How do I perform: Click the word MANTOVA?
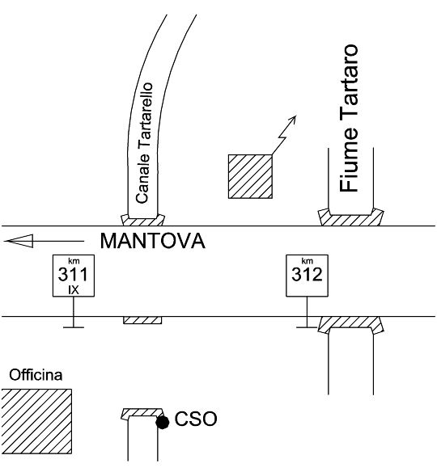[x=152, y=241]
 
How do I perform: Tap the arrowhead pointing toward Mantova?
[x=19, y=241]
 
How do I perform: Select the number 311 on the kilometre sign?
[x=73, y=274]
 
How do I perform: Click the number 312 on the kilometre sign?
[x=307, y=274]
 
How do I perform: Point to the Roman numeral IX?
[x=74, y=290]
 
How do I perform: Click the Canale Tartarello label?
[x=144, y=143]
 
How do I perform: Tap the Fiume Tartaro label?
[x=349, y=118]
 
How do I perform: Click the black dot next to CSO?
[x=163, y=423]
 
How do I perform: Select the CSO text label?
[x=196, y=419]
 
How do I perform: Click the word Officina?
[x=36, y=375]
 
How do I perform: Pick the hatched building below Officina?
[x=36, y=421]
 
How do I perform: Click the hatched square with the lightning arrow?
[x=250, y=176]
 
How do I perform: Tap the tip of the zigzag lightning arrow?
[x=296, y=116]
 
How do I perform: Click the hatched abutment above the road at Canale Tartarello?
[x=143, y=221]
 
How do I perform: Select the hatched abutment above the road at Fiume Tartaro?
[x=350, y=217]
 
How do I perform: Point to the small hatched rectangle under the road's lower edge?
[x=142, y=320]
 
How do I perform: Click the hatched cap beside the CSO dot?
[x=142, y=413]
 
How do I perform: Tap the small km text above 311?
[x=74, y=261]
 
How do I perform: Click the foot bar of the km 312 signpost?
[x=307, y=327]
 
